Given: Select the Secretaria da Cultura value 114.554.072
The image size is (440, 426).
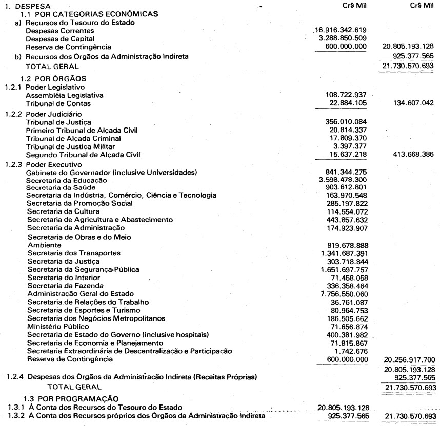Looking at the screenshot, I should (347, 211).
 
